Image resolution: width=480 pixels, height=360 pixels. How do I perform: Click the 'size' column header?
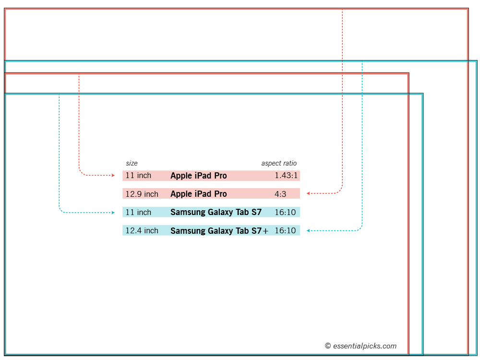tap(132, 163)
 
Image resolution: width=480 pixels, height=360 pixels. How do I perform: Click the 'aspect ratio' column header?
tap(279, 163)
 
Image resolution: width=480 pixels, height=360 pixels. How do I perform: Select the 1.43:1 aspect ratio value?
tap(286, 175)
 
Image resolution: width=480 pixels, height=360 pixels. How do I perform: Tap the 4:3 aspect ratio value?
tap(280, 194)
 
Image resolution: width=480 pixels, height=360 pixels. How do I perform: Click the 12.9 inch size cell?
tap(142, 194)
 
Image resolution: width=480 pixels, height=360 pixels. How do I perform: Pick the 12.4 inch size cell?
tap(142, 230)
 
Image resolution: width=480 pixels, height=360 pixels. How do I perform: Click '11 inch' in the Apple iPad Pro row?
tap(138, 175)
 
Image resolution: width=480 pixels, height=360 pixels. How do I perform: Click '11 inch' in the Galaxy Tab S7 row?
tap(138, 212)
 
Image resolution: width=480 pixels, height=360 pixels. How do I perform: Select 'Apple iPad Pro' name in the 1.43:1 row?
tap(199, 176)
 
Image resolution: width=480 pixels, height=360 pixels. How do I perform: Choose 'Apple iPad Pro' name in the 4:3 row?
tap(199, 194)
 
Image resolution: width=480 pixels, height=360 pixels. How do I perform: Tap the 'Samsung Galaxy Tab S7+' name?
tap(219, 231)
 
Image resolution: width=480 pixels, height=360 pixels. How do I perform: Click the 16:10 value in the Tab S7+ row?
tap(285, 230)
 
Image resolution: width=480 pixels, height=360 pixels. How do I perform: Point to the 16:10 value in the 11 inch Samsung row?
tap(285, 212)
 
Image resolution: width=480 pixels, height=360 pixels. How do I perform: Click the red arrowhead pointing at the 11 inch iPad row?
tap(113, 175)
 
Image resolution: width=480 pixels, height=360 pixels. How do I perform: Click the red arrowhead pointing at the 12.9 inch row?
tap(308, 193)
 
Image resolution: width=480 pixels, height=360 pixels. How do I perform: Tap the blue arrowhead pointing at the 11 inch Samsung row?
tap(113, 213)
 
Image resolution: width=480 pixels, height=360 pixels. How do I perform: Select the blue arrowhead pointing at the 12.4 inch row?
tap(308, 230)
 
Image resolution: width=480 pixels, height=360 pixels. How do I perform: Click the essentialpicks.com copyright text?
tap(360, 346)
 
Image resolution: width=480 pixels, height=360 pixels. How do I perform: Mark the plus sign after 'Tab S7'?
tap(265, 231)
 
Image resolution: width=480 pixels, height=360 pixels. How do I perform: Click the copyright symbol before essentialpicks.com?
tap(328, 346)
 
